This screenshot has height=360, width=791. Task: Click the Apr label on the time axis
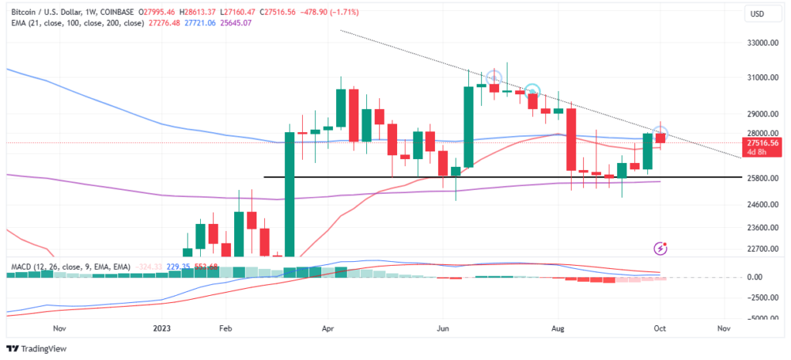click(327, 328)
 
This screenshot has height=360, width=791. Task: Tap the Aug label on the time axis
click(558, 328)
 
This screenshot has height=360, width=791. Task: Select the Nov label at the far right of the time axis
click(724, 328)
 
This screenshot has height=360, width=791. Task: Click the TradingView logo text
click(45, 348)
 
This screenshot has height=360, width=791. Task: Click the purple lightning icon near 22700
click(660, 248)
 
